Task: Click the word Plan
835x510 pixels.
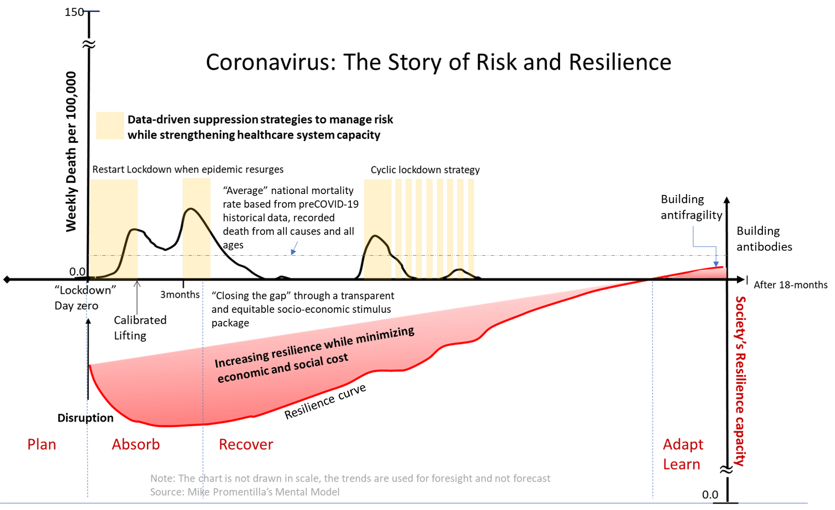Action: click(x=42, y=444)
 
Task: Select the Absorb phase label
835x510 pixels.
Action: click(x=136, y=444)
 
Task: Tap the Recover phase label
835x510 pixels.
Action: click(x=246, y=444)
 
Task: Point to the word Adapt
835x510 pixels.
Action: click(x=683, y=444)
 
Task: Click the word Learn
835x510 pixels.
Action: click(x=681, y=464)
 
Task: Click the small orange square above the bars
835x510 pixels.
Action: click(x=110, y=126)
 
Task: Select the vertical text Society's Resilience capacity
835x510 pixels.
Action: click(x=740, y=381)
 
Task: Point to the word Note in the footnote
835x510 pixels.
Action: click(x=162, y=478)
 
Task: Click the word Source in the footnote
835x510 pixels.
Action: click(x=166, y=492)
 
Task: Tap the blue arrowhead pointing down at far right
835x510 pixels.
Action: click(x=716, y=263)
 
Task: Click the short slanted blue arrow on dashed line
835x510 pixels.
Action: click(x=294, y=248)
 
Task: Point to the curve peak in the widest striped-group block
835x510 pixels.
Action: click(x=375, y=236)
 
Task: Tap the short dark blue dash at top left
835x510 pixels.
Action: click(x=91, y=11)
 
